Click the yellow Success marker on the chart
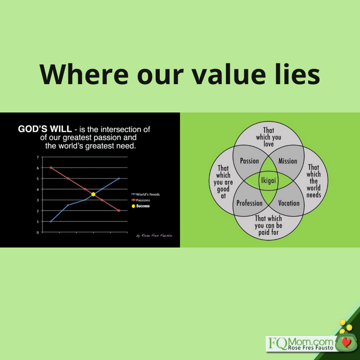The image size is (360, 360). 93,194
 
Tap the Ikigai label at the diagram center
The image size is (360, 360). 268,180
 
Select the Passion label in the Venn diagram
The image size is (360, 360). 249,161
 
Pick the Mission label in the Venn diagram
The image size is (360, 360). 288,161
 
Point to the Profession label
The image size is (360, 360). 249,203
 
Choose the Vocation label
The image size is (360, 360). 289,203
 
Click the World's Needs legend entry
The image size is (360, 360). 145,194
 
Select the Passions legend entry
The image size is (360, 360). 140,200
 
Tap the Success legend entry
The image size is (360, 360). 140,206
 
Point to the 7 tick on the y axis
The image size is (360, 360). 38,157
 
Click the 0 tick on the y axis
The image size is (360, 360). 38,232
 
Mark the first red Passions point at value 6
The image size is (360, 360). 51,167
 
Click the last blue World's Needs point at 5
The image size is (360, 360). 119,178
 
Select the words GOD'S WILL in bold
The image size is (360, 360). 45,129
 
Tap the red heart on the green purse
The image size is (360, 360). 346,342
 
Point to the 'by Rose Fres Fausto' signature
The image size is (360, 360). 154,235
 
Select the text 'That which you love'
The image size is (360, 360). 268,137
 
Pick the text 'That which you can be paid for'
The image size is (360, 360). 268,225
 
